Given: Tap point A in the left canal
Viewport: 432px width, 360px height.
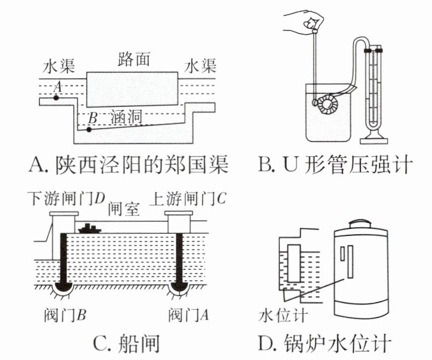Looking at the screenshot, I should pos(56,98).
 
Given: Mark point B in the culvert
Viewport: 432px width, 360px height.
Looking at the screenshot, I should pos(89,129).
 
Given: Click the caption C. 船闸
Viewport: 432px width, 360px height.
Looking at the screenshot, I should pos(126,344).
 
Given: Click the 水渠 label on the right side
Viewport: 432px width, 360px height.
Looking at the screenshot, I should pos(199,66).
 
